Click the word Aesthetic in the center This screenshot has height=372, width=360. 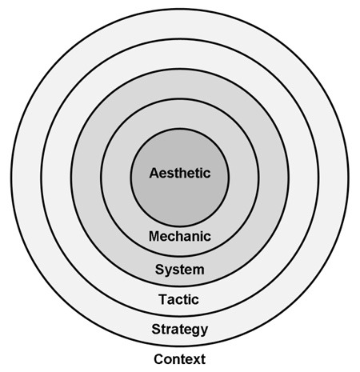[x=180, y=173]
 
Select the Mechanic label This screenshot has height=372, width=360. [x=180, y=236]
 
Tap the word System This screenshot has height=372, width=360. [x=180, y=270]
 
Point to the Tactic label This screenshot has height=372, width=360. [x=178, y=299]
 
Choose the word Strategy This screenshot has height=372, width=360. [x=180, y=330]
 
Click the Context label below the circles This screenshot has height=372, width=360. [x=180, y=359]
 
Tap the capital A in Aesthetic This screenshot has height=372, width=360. [x=154, y=173]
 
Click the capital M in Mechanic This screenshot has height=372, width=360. [x=154, y=236]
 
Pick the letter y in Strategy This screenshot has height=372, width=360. [x=203, y=331]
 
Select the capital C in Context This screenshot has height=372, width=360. [x=159, y=359]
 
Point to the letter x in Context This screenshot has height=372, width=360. [x=196, y=360]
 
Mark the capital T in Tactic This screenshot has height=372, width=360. [x=163, y=299]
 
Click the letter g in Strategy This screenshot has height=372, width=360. [x=194, y=331]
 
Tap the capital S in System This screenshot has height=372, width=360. [x=160, y=270]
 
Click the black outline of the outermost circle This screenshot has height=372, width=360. [x=11, y=178]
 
